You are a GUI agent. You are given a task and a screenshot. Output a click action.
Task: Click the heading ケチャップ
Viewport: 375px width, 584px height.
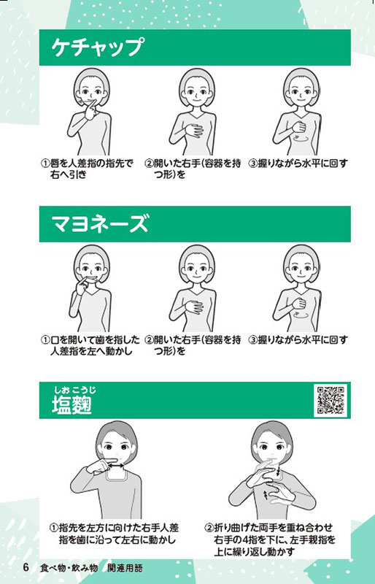(x=98, y=47)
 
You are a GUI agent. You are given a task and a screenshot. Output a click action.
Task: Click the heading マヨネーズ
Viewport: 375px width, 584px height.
(x=100, y=223)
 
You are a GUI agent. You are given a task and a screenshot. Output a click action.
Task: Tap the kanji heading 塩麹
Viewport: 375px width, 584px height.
(x=72, y=404)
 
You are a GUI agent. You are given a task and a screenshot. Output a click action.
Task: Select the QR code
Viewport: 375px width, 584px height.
(x=330, y=400)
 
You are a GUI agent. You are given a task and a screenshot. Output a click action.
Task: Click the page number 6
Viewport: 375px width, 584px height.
(x=26, y=568)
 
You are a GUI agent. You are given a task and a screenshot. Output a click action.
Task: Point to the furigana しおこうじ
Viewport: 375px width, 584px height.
(x=75, y=390)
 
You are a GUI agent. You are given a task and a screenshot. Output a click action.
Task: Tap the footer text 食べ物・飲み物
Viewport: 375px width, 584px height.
(x=69, y=568)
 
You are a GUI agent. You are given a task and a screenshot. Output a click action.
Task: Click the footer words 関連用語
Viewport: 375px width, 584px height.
(x=125, y=568)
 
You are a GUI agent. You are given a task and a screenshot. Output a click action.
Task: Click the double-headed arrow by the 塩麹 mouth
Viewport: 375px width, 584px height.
(x=117, y=465)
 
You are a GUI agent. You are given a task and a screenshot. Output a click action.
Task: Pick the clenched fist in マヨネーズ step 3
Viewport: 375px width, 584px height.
(x=298, y=303)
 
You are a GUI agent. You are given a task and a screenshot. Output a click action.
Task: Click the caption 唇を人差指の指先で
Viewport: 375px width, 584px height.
(x=91, y=164)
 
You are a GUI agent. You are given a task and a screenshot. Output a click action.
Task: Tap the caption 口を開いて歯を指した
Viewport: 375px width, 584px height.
(x=95, y=340)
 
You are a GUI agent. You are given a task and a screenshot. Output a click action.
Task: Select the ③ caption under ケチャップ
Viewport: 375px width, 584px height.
(x=298, y=164)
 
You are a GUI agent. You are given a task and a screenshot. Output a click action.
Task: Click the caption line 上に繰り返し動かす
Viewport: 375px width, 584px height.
(x=254, y=552)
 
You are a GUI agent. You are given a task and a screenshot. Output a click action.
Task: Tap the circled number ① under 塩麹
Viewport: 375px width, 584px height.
(x=54, y=528)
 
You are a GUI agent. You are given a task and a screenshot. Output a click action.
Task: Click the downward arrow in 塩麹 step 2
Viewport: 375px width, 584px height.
(x=279, y=471)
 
